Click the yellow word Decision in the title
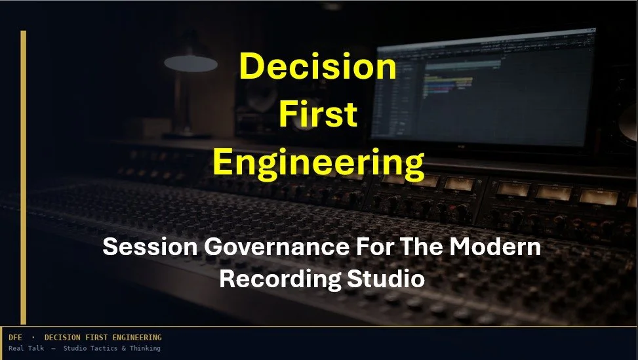tap(318, 68)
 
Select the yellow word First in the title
tap(318, 115)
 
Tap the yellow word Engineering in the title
tap(318, 161)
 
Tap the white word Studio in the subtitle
tap(386, 278)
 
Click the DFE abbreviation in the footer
tap(15, 337)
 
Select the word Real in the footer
tap(16, 348)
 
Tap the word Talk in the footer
tap(37, 348)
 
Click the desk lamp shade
tap(190, 63)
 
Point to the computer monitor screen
tap(498, 92)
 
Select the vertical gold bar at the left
tap(24, 177)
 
